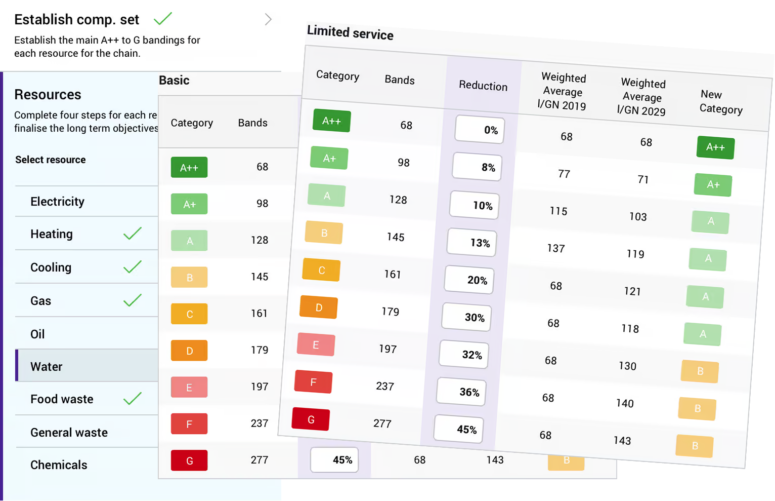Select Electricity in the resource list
pyautogui.click(x=57, y=202)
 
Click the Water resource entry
pyautogui.click(x=47, y=367)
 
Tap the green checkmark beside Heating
pyautogui.click(x=133, y=234)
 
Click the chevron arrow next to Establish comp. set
pyautogui.click(x=268, y=20)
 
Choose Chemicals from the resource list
pyautogui.click(x=59, y=465)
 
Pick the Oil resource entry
pyautogui.click(x=37, y=334)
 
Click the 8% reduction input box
pyautogui.click(x=478, y=167)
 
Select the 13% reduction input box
pyautogui.click(x=472, y=242)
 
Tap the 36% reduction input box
pyautogui.click(x=461, y=392)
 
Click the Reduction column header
pyautogui.click(x=483, y=86)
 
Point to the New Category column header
pyautogui.click(x=721, y=102)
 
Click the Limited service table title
pyautogui.click(x=350, y=33)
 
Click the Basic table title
pyautogui.click(x=174, y=81)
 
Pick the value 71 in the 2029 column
pyautogui.click(x=643, y=180)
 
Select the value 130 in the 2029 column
pyautogui.click(x=627, y=366)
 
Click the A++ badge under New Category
pyautogui.click(x=715, y=147)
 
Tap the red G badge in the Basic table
pyautogui.click(x=189, y=460)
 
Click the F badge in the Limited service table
pyautogui.click(x=313, y=382)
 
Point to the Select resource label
pyautogui.click(x=51, y=160)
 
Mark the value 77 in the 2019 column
pyautogui.click(x=564, y=174)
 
